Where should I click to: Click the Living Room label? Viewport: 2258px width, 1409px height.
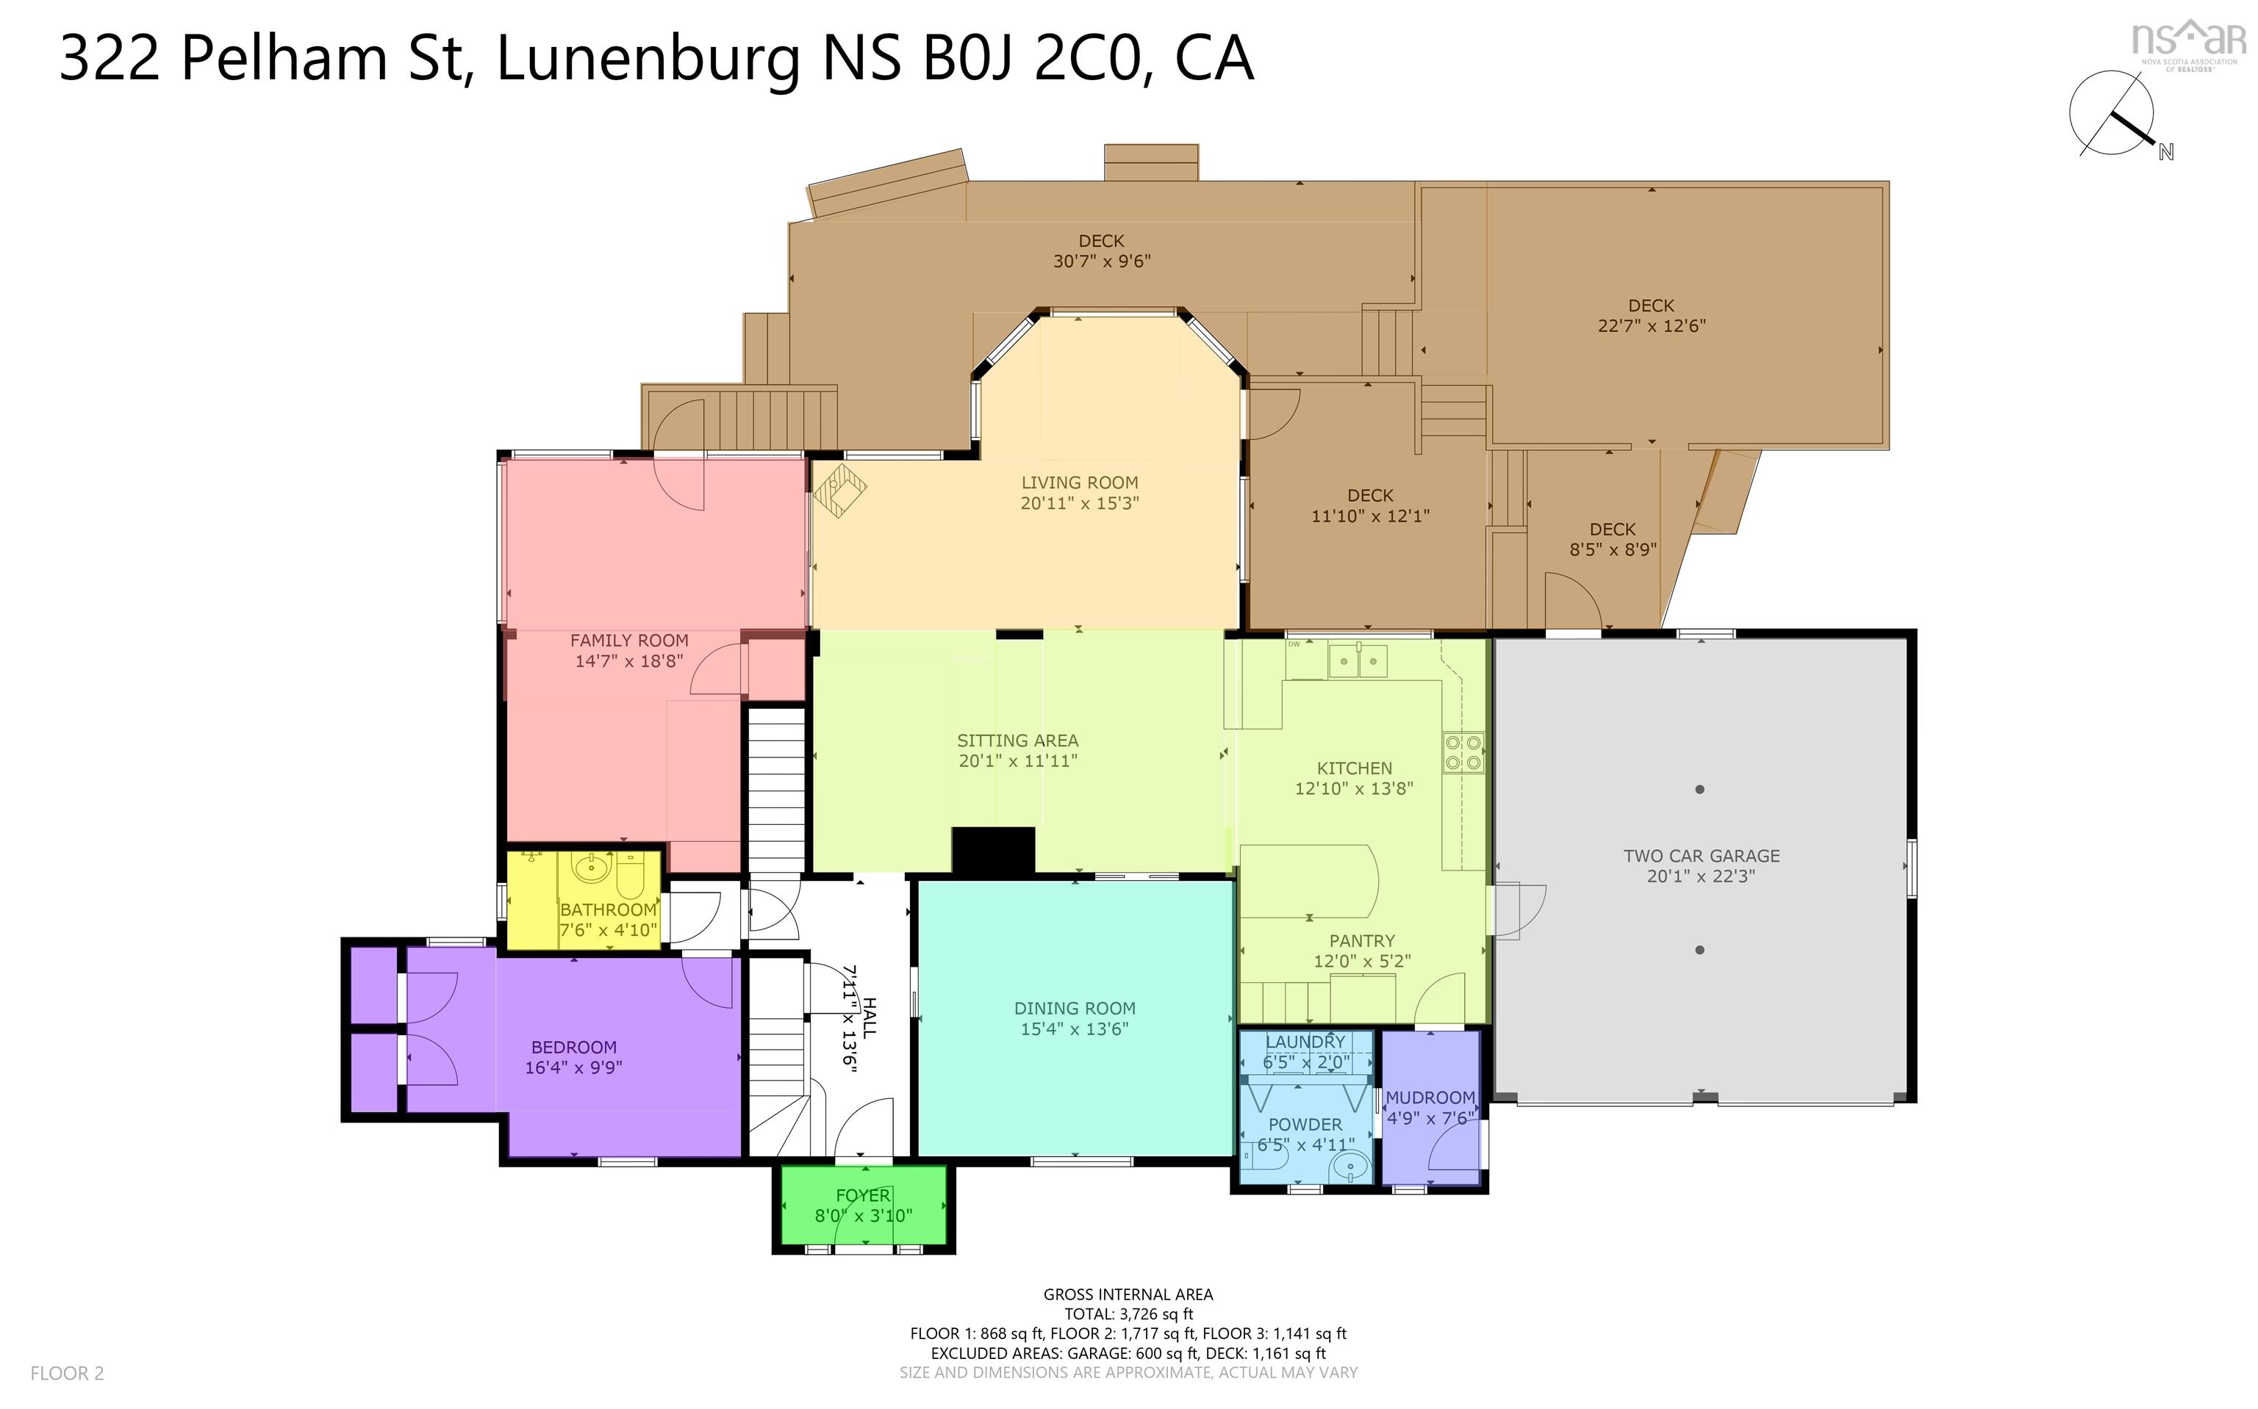[1080, 483]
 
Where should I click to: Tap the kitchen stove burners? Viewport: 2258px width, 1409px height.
[1463, 753]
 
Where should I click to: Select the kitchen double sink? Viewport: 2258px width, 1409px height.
[1358, 660]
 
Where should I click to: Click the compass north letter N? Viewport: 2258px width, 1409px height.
[2165, 152]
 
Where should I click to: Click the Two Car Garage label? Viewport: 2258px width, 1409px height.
[1702, 855]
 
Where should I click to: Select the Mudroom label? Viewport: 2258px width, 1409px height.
[1430, 1098]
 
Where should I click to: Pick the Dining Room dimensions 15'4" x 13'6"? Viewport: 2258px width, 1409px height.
[1075, 1028]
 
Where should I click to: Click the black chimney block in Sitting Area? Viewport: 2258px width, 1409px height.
[993, 851]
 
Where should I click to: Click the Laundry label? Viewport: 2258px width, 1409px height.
[1305, 1042]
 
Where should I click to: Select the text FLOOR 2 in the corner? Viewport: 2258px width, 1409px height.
[67, 1373]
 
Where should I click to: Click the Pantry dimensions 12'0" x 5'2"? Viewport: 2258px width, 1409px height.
[1362, 961]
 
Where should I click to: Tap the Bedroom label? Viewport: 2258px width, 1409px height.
[573, 1048]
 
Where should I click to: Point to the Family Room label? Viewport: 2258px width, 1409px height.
[629, 640]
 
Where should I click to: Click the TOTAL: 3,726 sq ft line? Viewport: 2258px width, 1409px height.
[1128, 1314]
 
